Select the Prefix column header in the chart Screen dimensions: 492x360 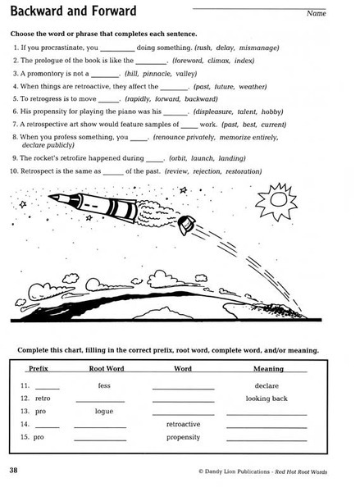click(39, 369)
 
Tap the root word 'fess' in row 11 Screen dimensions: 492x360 click(104, 385)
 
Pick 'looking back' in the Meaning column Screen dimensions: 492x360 click(267, 398)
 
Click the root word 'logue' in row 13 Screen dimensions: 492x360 click(104, 411)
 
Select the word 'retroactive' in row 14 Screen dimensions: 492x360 click(184, 424)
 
